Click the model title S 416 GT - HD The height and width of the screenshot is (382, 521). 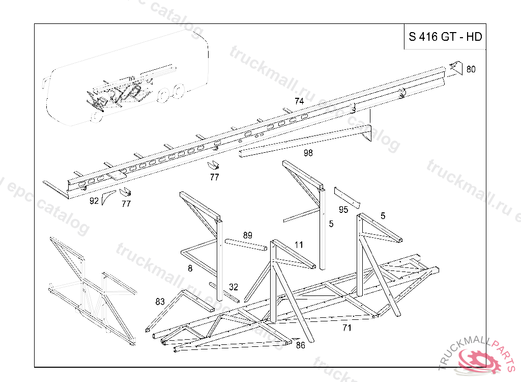click(x=445, y=37)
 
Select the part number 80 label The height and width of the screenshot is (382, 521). click(x=471, y=69)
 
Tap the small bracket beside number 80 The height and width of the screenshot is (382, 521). click(x=456, y=67)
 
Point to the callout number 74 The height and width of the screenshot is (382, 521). click(x=299, y=101)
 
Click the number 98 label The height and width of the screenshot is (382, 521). click(x=308, y=153)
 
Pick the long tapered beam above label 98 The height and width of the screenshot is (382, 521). click(x=305, y=140)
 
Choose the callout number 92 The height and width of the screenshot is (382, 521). click(x=94, y=201)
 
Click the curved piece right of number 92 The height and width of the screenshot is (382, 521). click(x=107, y=198)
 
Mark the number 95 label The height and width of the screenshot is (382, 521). click(x=343, y=210)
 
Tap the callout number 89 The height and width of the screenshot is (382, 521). click(x=247, y=235)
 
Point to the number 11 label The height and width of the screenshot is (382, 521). click(x=299, y=245)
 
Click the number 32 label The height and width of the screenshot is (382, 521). click(x=234, y=287)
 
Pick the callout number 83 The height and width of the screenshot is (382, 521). click(x=160, y=302)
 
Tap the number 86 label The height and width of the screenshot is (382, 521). click(x=300, y=345)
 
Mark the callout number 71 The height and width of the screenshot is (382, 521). click(x=346, y=328)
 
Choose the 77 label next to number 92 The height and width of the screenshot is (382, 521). click(x=126, y=204)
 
